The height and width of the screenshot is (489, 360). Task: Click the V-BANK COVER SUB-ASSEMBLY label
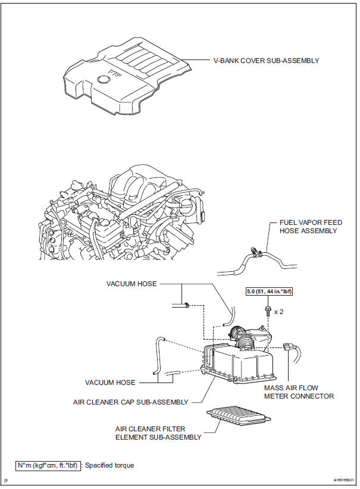(x=267, y=61)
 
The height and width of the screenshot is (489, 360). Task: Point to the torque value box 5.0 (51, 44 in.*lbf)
(x=269, y=292)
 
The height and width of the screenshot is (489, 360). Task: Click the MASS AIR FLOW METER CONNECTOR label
(x=299, y=392)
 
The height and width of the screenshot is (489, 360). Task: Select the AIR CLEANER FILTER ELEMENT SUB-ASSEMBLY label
(x=158, y=432)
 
